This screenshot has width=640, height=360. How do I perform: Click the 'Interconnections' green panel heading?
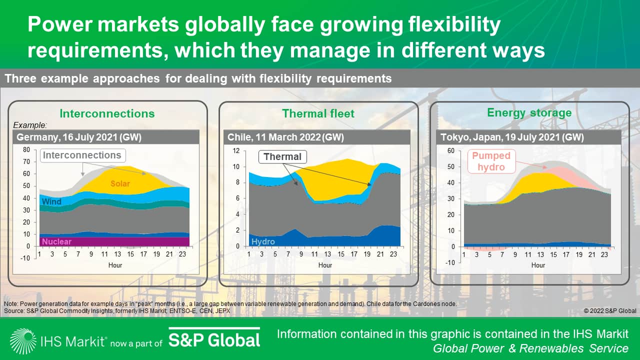(107, 113)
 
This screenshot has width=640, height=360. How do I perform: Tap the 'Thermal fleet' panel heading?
(318, 113)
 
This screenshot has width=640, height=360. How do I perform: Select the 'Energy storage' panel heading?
(529, 112)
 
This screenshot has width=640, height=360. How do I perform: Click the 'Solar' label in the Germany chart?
(120, 184)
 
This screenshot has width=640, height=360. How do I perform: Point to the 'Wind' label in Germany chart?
(52, 202)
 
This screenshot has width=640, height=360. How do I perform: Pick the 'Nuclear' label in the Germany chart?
(57, 241)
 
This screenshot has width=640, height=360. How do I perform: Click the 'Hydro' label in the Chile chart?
(263, 241)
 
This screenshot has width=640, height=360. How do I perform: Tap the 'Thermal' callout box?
(282, 157)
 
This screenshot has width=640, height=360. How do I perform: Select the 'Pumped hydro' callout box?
(490, 161)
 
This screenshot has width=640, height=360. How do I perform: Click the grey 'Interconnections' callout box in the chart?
(82, 155)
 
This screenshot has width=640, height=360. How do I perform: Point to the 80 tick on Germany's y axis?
(26, 149)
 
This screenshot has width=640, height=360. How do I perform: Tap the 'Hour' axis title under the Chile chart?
(325, 265)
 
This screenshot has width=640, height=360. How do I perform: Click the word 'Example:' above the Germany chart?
(29, 125)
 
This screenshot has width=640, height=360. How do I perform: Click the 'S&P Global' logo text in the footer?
(214, 340)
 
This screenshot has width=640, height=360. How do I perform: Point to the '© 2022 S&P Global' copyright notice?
(610, 311)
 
